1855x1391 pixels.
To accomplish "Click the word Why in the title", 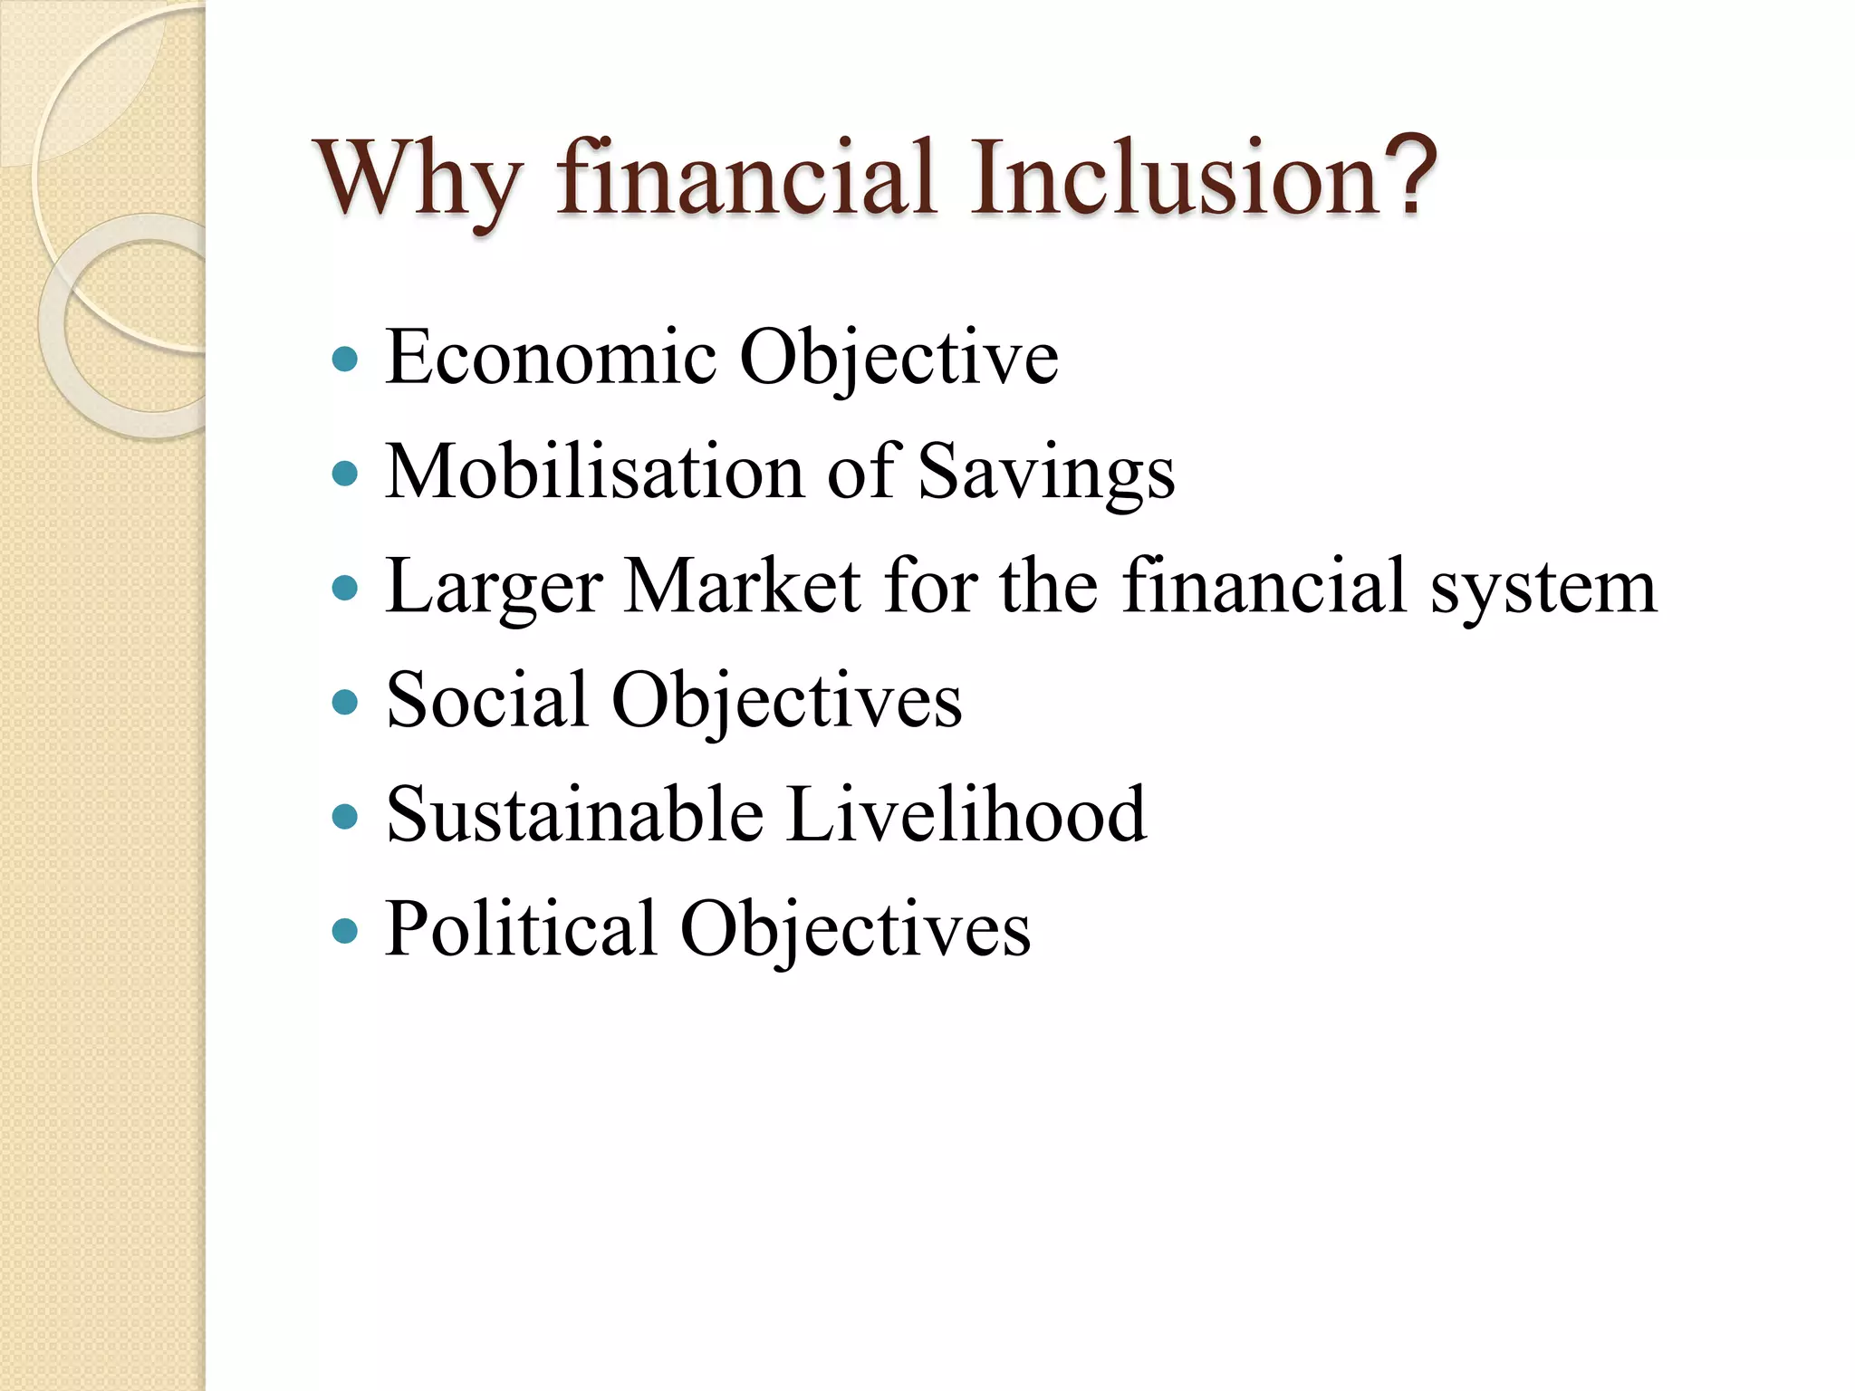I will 418,180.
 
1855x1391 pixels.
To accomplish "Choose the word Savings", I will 1046,474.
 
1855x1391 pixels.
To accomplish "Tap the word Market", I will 743,587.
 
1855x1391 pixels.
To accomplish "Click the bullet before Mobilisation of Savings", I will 345,473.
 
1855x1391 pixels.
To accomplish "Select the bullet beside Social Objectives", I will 345,702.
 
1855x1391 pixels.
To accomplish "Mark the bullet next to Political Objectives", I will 345,930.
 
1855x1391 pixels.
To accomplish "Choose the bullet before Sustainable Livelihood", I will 345,816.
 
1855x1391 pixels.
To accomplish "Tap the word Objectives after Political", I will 855,929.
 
